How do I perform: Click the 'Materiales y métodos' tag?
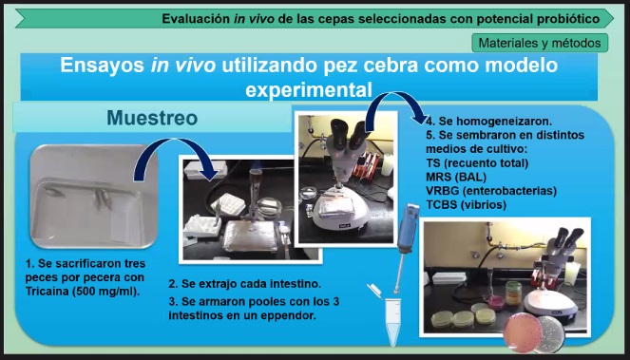[x=540, y=43]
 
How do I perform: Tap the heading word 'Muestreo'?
[x=152, y=118]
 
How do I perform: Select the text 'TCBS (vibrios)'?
[x=466, y=204]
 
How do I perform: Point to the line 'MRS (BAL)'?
[x=456, y=177]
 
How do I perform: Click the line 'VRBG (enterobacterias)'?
[x=491, y=190]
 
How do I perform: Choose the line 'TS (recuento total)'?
[x=477, y=162]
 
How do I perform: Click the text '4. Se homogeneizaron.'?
[x=489, y=121]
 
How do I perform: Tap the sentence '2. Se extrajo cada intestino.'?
[x=245, y=284]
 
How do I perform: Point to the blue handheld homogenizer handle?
[x=406, y=227]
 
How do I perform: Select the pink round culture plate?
[x=523, y=333]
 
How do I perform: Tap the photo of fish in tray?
[x=93, y=197]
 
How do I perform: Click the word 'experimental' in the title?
[x=309, y=89]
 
